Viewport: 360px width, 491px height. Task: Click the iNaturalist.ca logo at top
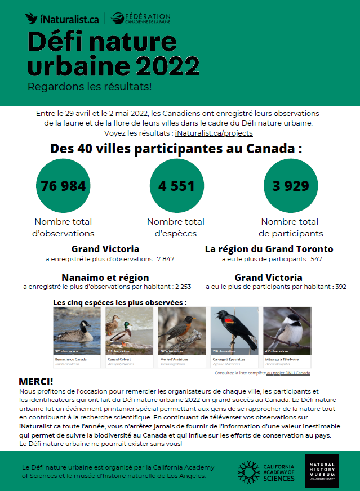click(x=62, y=18)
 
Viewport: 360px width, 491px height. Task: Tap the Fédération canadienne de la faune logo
click(x=141, y=18)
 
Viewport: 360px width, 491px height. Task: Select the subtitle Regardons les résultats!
click(x=90, y=87)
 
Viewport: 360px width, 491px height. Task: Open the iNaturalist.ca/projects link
click(x=214, y=133)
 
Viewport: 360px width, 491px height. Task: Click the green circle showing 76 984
click(x=63, y=186)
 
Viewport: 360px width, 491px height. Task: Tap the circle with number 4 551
click(x=176, y=186)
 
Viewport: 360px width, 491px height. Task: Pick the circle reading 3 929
click(x=291, y=186)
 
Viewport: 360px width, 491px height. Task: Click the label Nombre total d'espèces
click(x=176, y=227)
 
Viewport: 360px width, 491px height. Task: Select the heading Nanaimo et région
click(x=105, y=278)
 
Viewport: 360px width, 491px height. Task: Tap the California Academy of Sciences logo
click(x=266, y=471)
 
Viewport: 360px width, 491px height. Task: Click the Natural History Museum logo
click(x=322, y=471)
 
